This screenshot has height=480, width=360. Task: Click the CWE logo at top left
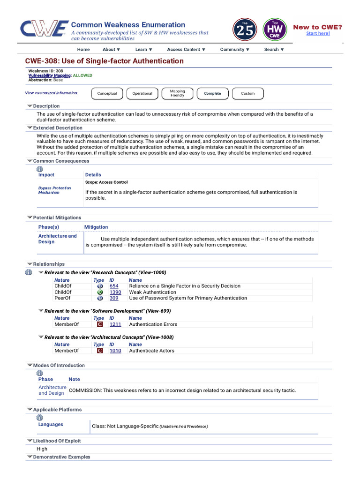[x=43, y=29]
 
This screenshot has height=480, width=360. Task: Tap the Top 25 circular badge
[x=245, y=30]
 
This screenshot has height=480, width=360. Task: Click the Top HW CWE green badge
[x=275, y=30]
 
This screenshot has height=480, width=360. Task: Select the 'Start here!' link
[x=318, y=33]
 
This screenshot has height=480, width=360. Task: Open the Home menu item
[x=83, y=49]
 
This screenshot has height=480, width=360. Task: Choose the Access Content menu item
[x=186, y=49]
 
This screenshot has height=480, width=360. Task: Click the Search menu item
[x=274, y=49]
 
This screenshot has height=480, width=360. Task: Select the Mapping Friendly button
[x=177, y=93]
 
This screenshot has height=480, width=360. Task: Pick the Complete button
[x=212, y=93]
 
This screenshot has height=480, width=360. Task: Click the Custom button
[x=247, y=93]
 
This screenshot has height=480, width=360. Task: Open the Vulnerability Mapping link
[x=50, y=75]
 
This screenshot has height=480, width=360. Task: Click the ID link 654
[x=114, y=286]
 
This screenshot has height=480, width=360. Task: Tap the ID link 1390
[x=115, y=292]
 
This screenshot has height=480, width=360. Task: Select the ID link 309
[x=114, y=298]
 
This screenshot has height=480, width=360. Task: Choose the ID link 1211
[x=115, y=324]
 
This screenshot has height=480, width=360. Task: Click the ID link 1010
[x=115, y=351]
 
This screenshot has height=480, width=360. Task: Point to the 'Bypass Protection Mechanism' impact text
[x=54, y=190]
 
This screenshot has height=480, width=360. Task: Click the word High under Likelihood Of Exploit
[x=42, y=449]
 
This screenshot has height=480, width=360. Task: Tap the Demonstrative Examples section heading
[x=61, y=457]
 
